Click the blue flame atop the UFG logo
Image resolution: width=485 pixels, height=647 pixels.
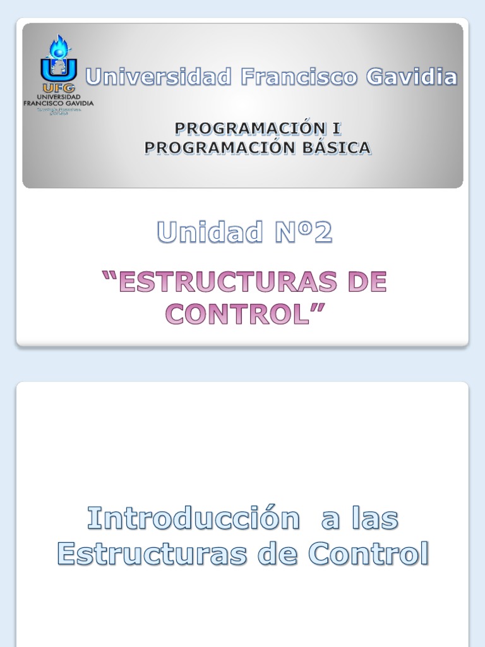coord(59,47)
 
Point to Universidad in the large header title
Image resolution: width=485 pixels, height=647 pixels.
coord(159,77)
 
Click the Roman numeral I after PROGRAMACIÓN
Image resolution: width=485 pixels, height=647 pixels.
coord(336,128)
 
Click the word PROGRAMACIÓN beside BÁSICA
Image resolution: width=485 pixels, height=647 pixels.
coord(214,148)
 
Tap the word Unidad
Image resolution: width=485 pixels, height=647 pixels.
coord(210,233)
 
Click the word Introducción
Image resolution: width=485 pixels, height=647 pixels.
coord(193,519)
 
